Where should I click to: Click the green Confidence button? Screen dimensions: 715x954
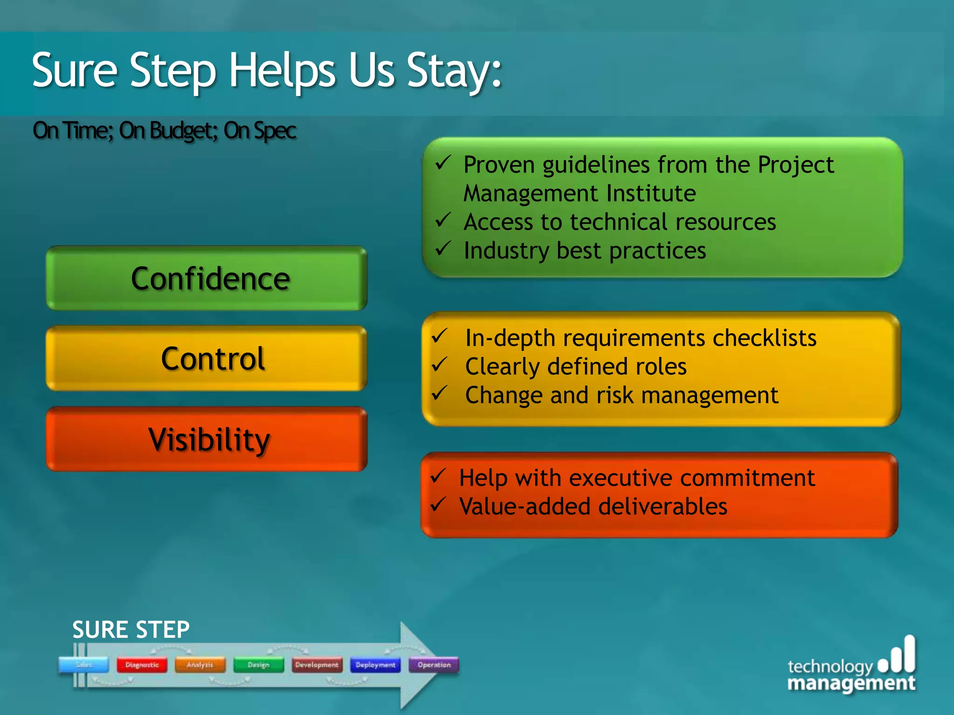point(207,278)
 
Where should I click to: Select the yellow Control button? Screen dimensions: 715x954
point(207,358)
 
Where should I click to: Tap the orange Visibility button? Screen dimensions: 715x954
point(207,439)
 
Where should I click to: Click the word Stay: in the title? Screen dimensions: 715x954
point(454,71)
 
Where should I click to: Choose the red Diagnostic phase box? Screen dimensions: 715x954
point(142,665)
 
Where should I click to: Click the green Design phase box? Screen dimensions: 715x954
point(259,665)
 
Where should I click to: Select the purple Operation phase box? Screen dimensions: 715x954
point(434,665)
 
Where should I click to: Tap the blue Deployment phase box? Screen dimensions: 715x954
point(375,665)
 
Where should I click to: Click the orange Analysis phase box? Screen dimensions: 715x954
point(200,665)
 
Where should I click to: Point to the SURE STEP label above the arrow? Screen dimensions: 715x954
point(131,630)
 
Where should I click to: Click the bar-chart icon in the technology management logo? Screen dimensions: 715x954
point(897,655)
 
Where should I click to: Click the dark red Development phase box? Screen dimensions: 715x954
point(317,665)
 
